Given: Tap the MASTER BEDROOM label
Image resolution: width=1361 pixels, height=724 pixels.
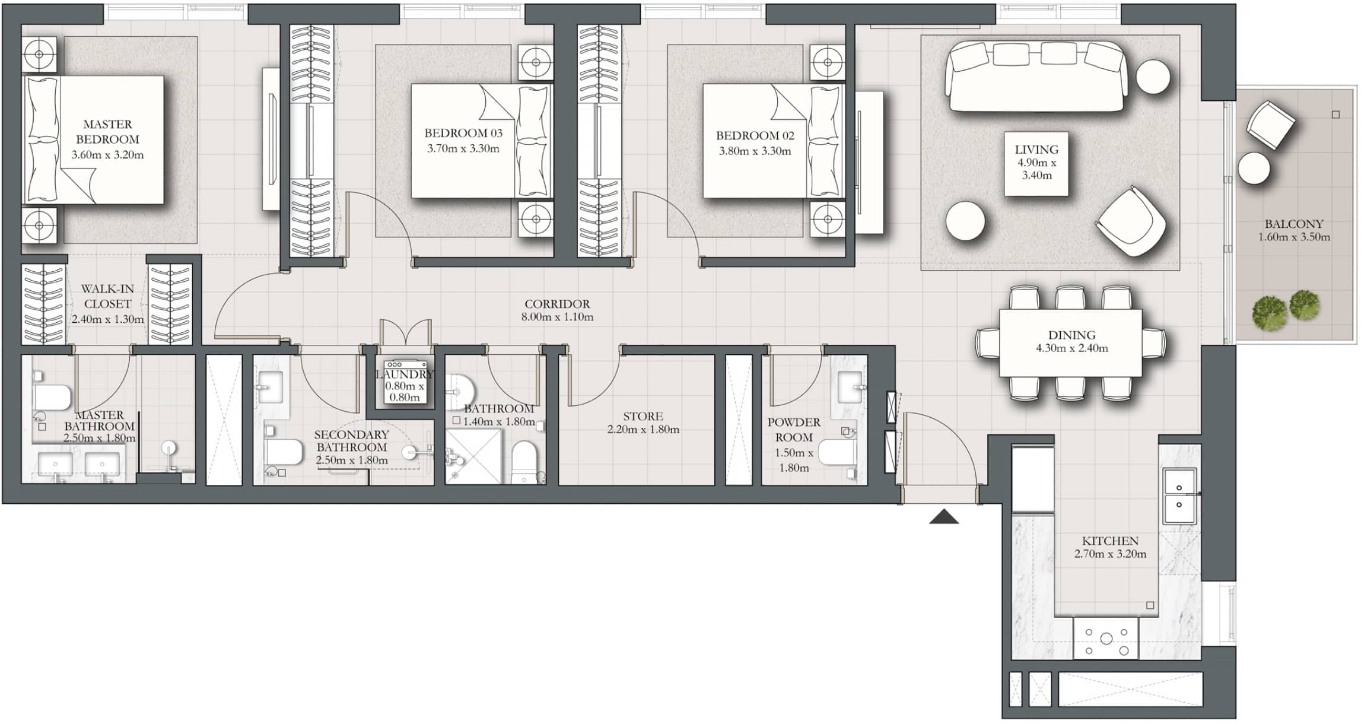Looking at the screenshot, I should [107, 132].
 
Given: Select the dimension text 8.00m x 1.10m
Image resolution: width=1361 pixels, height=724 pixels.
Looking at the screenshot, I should [557, 317].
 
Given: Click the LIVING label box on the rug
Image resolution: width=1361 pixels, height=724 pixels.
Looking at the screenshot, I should [1036, 163].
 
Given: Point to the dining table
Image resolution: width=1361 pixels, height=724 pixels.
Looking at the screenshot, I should [1070, 342].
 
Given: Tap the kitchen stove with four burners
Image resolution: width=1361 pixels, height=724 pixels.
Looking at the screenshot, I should [1106, 638].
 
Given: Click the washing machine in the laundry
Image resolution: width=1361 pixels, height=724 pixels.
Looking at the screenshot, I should [405, 382].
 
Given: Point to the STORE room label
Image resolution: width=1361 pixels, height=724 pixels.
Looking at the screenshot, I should [643, 417].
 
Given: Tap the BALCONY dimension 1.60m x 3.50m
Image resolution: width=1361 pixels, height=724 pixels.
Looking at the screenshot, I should [1294, 237].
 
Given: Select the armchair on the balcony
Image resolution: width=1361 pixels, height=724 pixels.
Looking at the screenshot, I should [1271, 125].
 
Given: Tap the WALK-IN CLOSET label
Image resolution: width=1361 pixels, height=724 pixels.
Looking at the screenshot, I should [107, 296].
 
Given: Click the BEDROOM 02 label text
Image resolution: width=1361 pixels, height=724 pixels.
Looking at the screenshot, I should [755, 136].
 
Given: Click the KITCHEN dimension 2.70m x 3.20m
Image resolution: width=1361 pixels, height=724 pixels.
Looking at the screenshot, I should [1110, 554].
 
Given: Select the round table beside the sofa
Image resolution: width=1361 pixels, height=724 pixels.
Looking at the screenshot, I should [1153, 77].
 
